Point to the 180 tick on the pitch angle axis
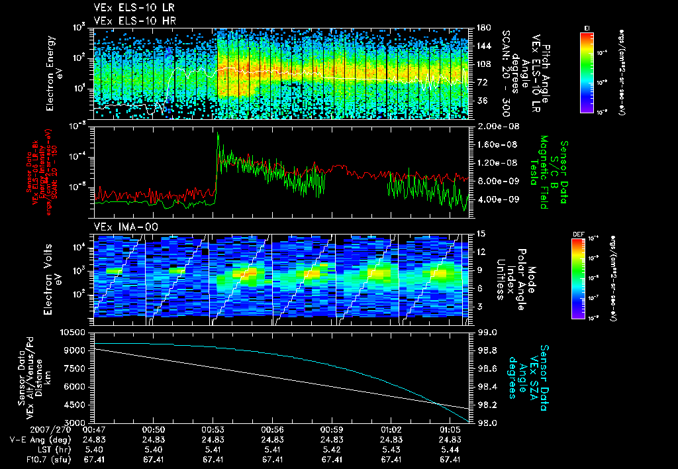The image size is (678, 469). (x=483, y=28)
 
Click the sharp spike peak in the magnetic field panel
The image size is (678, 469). (x=218, y=133)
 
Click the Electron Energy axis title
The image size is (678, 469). (x=51, y=73)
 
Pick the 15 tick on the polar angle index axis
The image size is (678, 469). (x=480, y=234)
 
